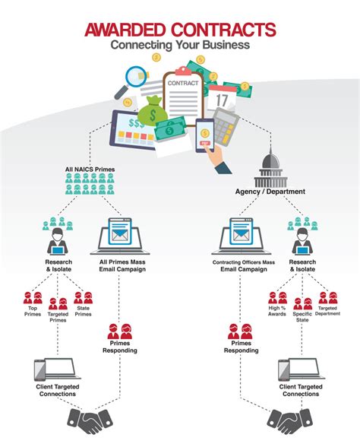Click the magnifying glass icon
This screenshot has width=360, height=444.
click(x=132, y=81)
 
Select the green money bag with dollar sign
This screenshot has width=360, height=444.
click(x=153, y=110)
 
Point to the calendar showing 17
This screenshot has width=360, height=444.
click(x=222, y=98)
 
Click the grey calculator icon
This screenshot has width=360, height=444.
click(x=226, y=126)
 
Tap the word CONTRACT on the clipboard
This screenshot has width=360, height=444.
click(x=183, y=84)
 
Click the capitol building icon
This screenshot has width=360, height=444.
click(x=270, y=168)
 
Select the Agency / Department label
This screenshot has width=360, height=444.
click(x=270, y=192)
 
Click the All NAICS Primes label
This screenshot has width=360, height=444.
click(x=90, y=170)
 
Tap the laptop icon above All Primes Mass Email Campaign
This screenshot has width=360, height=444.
click(x=120, y=236)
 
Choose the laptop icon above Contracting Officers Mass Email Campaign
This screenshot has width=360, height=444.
click(x=242, y=236)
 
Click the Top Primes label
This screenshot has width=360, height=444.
click(x=33, y=311)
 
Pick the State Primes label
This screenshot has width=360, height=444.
click(x=83, y=311)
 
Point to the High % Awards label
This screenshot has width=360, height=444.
click(x=277, y=311)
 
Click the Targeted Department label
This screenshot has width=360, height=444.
click(x=327, y=311)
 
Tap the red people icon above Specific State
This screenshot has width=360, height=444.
click(x=302, y=304)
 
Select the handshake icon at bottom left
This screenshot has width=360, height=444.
click(x=90, y=422)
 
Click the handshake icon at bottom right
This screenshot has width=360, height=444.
click(x=290, y=422)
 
